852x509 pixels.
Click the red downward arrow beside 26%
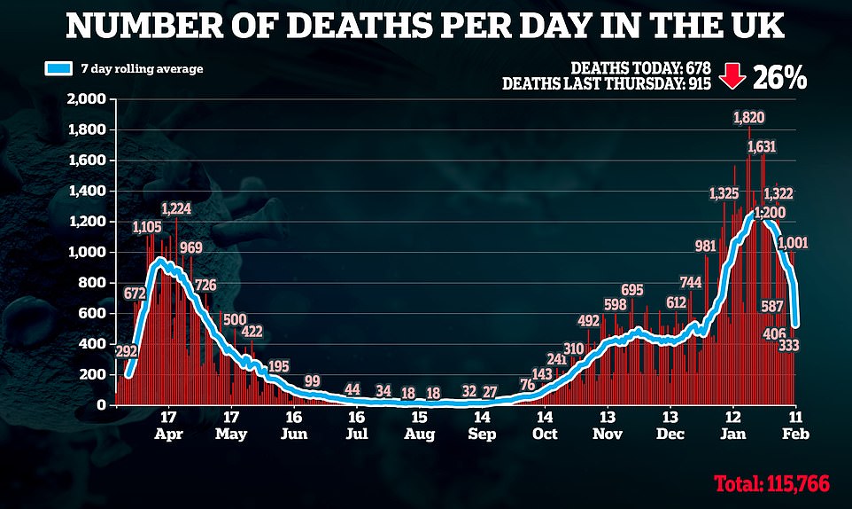click(x=731, y=77)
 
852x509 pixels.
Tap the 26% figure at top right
click(x=779, y=77)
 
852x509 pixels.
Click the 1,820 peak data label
click(x=749, y=117)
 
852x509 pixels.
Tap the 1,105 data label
click(x=149, y=227)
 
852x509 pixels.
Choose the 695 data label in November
click(x=631, y=290)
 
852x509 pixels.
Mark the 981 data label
click(x=705, y=246)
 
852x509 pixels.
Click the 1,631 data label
click(x=763, y=146)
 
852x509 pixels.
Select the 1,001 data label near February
click(x=793, y=243)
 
